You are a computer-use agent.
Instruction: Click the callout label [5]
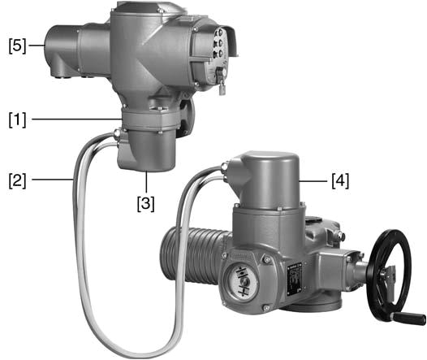(x=17, y=46)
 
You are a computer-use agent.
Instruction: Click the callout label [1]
(x=17, y=119)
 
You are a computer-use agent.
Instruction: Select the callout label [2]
(x=17, y=180)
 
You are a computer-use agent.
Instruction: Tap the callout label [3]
(x=145, y=203)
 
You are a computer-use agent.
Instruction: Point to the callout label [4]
(x=340, y=180)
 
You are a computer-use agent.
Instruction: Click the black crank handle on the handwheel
(x=408, y=318)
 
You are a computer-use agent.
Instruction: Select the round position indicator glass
(x=241, y=282)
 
